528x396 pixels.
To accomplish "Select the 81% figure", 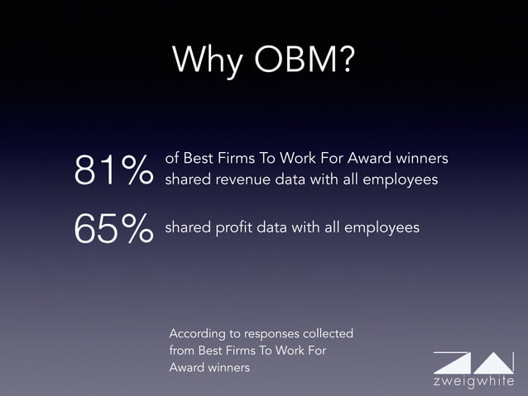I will (x=113, y=170).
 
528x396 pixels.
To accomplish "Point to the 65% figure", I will (x=113, y=228).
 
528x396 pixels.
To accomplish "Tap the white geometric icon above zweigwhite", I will (x=472, y=362).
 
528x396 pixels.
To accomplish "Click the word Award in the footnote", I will (x=186, y=367).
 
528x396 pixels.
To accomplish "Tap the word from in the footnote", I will (x=183, y=351).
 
